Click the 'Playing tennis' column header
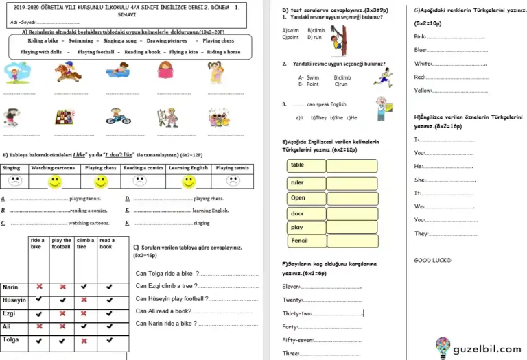(233, 168)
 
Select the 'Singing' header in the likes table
(12, 168)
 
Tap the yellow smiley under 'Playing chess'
(101, 182)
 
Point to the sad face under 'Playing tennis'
(233, 182)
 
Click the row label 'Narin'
(10, 287)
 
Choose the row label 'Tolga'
(11, 339)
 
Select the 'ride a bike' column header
(38, 243)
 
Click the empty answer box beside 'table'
(351, 165)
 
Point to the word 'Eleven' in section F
(291, 287)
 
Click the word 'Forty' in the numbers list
(290, 327)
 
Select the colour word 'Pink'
(420, 36)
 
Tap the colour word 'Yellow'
(423, 90)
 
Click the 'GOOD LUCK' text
(432, 260)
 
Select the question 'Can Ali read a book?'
(163, 311)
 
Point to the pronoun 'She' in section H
(420, 180)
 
